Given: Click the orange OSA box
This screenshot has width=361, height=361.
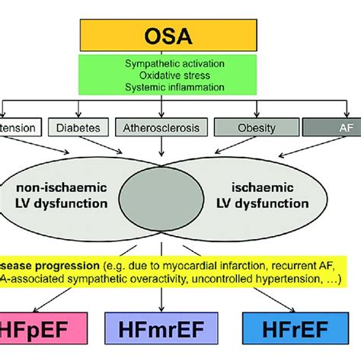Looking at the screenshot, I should click(x=180, y=37).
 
